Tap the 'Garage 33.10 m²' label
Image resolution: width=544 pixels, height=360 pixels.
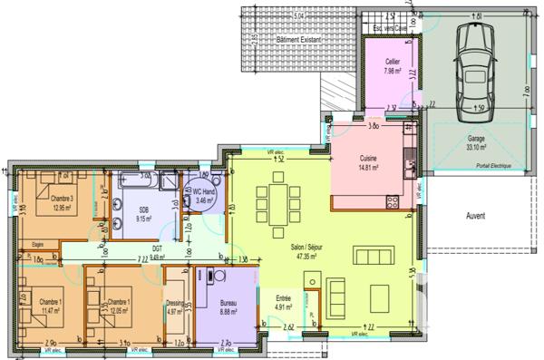click(x=475, y=143)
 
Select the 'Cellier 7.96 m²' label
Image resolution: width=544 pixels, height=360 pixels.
click(x=392, y=65)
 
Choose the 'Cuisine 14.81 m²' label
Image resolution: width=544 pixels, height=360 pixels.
click(x=367, y=162)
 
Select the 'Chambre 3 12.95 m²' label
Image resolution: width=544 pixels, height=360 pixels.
click(x=63, y=202)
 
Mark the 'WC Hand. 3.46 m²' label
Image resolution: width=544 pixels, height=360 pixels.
click(x=203, y=194)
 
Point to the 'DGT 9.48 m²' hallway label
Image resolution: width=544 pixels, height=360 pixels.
click(x=156, y=252)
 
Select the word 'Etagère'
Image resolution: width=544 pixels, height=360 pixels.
click(x=38, y=243)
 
